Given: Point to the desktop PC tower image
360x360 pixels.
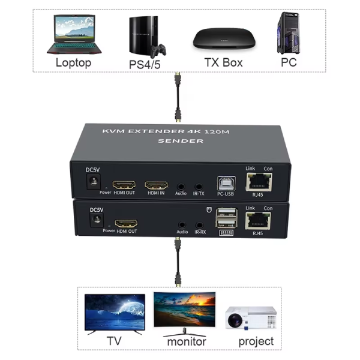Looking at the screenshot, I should [x=288, y=34].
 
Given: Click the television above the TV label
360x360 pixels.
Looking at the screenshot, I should [x=115, y=313].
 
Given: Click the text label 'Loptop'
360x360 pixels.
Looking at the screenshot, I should [x=73, y=62].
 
